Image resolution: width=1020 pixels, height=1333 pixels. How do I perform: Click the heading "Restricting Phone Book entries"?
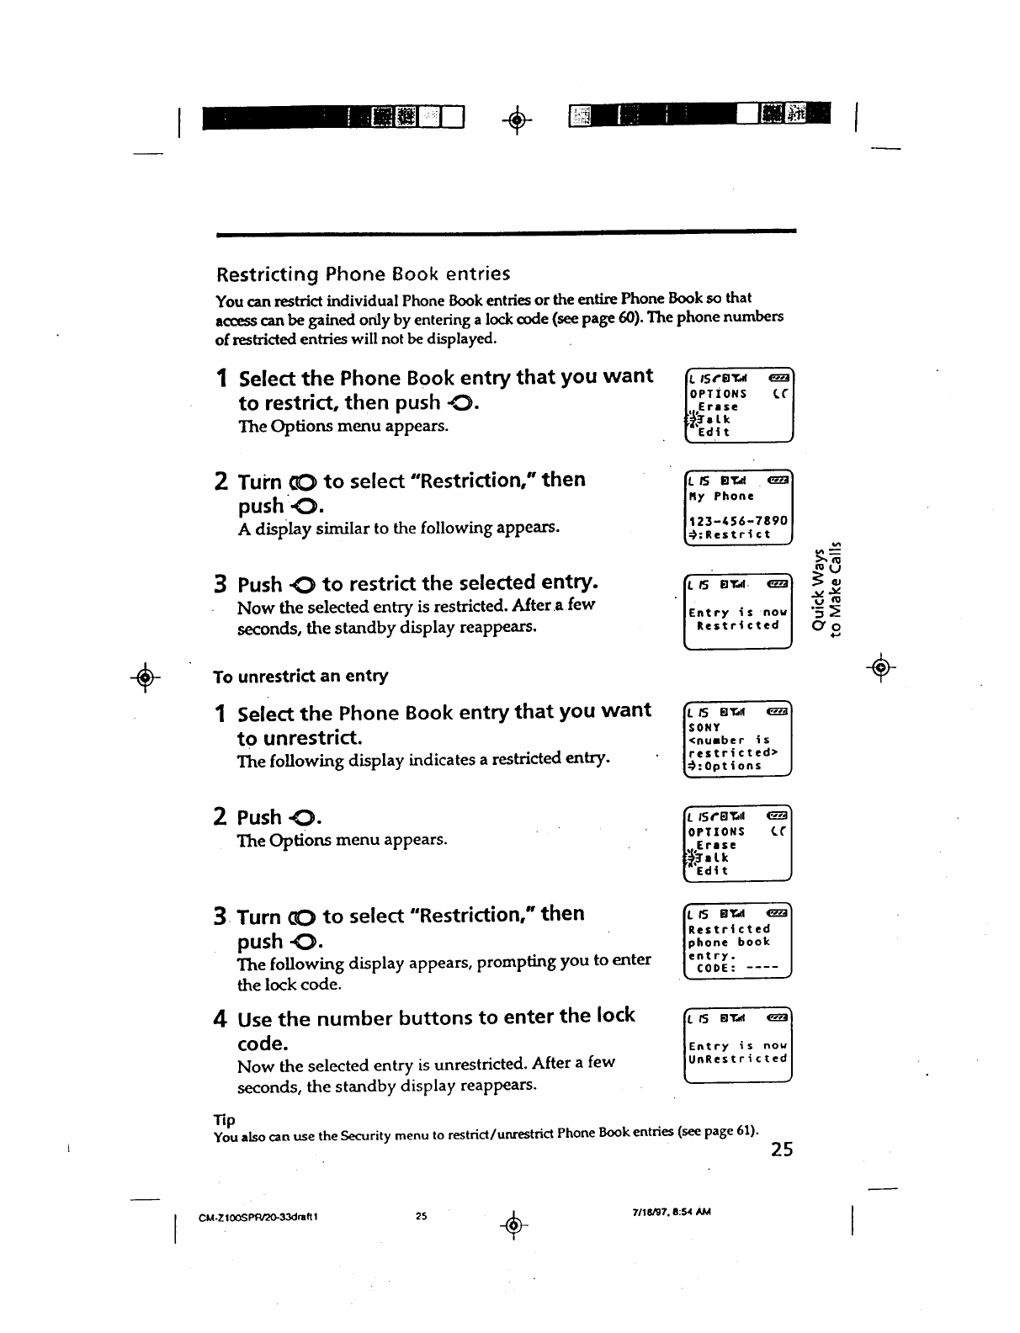[x=363, y=274]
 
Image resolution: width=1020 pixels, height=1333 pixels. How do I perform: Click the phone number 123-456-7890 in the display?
[x=738, y=522]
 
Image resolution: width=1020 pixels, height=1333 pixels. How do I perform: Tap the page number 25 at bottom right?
[x=781, y=1150]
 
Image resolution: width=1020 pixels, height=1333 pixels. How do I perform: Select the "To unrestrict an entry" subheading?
[x=300, y=677]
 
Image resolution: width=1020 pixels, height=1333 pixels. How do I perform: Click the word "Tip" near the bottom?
[x=224, y=1120]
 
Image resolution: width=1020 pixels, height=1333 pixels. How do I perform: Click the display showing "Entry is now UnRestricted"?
[x=738, y=1052]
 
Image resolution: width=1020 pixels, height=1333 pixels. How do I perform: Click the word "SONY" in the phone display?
[x=704, y=728]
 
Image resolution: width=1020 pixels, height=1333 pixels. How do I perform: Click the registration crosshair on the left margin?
[x=146, y=677]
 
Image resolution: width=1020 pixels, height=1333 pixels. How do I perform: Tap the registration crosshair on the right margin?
[x=880, y=667]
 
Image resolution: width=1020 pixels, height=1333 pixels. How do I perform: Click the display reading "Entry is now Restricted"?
[x=738, y=619]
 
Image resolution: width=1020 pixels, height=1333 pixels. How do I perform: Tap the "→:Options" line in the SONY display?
[x=725, y=766]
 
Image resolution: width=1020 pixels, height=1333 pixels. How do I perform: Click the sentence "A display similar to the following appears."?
[x=399, y=528]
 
